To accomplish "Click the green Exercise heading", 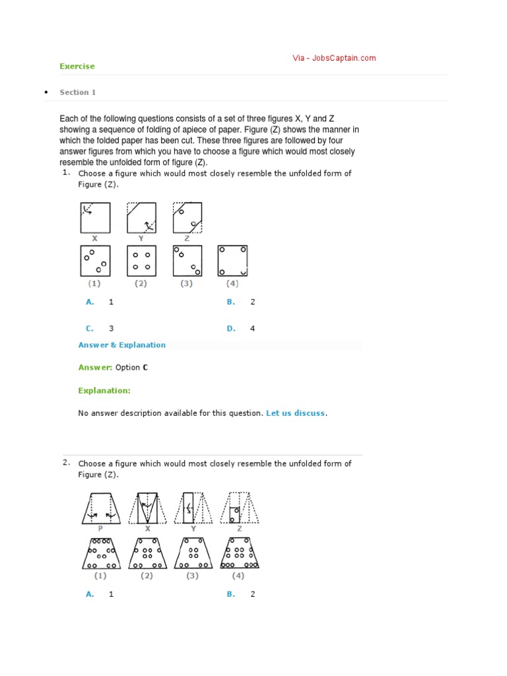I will (77, 66).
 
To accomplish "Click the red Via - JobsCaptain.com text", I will (334, 58).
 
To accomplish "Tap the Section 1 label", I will (78, 92).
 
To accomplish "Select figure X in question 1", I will (95, 217).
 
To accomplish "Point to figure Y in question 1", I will (141, 217).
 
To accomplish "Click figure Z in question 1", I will (187, 217).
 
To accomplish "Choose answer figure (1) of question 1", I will (95, 261).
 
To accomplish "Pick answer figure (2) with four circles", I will (141, 261).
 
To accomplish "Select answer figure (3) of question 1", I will (187, 261).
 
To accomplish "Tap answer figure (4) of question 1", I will (232, 261).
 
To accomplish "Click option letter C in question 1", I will (90, 328).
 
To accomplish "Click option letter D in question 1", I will (231, 328).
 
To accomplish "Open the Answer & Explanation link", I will (122, 345).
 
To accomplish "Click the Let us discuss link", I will (295, 413).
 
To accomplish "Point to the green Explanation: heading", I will (104, 390).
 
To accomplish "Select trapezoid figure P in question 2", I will (101, 508).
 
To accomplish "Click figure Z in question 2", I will (240, 508).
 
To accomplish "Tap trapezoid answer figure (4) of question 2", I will (240, 553).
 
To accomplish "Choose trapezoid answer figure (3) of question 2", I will (193, 553).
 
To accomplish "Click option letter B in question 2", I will (231, 593).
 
